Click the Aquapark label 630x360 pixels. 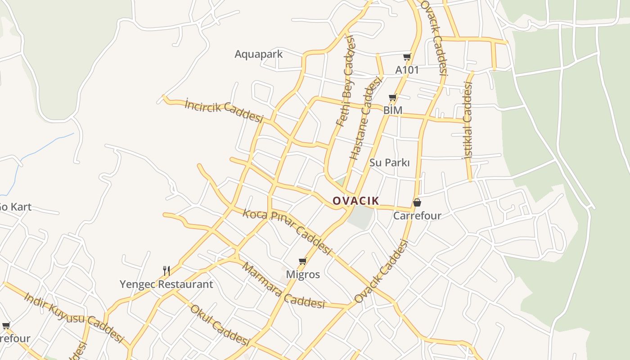(259, 54)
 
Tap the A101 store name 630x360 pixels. (407, 70)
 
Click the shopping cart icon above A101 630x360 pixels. (407, 57)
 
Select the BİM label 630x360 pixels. (393, 110)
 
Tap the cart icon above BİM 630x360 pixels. (393, 97)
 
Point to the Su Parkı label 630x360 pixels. (389, 162)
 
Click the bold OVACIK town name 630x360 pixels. (355, 201)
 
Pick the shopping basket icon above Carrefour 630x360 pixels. (417, 202)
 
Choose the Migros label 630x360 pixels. (303, 274)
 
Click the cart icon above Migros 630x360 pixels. (303, 261)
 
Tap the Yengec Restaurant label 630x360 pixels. (166, 284)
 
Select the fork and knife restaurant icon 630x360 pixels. (166, 270)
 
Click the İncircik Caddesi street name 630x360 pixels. (224, 111)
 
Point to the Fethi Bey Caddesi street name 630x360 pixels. (346, 81)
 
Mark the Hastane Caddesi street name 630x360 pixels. (365, 118)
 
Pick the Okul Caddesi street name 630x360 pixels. (219, 325)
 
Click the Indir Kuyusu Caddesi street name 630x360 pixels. (73, 317)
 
